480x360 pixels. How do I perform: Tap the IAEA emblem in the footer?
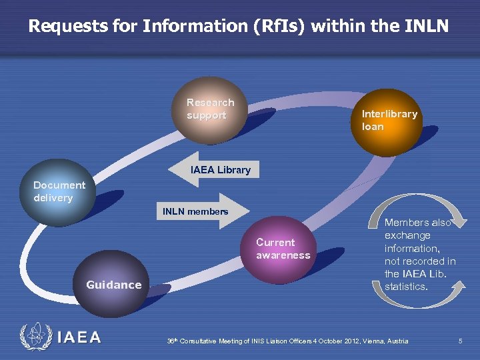[35, 337]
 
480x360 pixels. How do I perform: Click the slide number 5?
[460, 341]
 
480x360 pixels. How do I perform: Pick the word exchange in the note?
[407, 235]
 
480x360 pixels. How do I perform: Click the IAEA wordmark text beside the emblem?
[79, 337]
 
